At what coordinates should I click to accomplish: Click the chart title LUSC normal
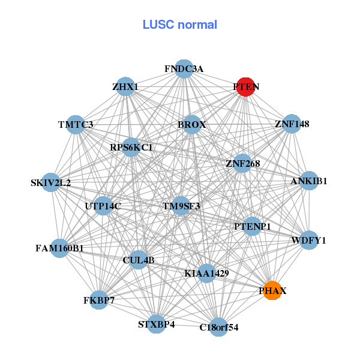[179, 25]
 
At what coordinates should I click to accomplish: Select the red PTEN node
[246, 87]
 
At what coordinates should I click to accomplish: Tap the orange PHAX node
[272, 290]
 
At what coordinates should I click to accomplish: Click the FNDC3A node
[184, 69]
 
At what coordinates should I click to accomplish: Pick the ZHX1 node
[125, 87]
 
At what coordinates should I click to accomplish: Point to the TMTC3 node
[76, 125]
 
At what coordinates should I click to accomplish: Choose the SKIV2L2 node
[50, 182]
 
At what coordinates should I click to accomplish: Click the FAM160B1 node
[59, 247]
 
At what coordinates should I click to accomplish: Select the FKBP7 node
[98, 299]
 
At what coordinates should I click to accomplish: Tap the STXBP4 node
[156, 324]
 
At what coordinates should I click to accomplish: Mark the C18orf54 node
[218, 327]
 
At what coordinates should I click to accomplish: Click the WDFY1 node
[308, 241]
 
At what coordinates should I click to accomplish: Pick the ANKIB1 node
[308, 181]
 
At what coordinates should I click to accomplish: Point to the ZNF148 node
[292, 124]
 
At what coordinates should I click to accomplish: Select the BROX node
[192, 125]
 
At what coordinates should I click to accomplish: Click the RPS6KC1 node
[131, 147]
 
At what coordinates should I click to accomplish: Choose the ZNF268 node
[242, 163]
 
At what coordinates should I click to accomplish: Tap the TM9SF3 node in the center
[181, 206]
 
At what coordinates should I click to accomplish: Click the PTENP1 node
[253, 226]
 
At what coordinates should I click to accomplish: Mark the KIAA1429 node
[206, 274]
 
